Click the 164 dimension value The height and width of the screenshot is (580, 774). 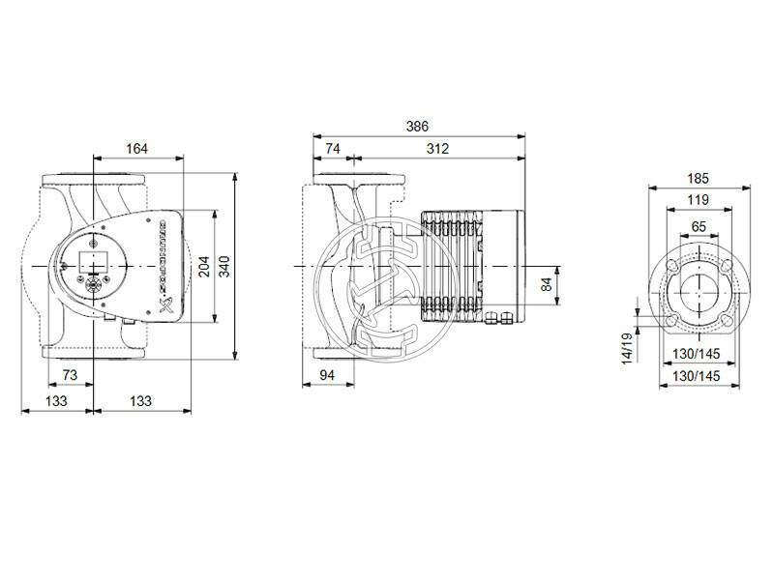137,148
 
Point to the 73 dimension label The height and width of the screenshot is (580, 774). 70,374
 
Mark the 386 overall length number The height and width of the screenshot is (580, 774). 417,127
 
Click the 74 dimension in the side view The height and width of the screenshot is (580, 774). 332,148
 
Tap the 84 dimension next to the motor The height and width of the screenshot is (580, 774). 546,283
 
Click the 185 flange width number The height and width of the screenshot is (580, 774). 699,178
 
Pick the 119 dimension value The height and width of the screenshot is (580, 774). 699,199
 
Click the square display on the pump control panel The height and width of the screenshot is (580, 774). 98,259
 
